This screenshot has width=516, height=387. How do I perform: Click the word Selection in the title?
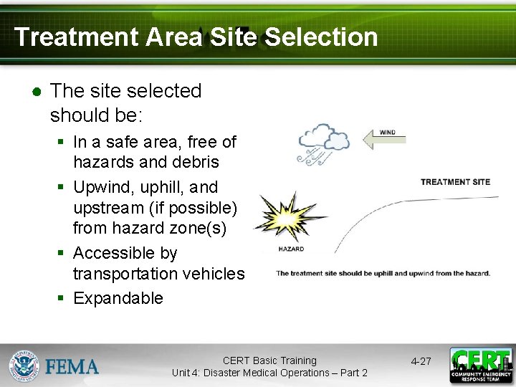pos(322,37)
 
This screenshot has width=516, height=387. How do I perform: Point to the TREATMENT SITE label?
pos(455,182)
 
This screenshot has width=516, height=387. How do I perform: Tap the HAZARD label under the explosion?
pos(291,249)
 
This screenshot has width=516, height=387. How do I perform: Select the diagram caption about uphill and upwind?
pos(383,273)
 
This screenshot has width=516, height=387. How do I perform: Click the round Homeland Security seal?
pos(24,365)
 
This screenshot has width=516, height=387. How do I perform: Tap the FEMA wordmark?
pos(72,366)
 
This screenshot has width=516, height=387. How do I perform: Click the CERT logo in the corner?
pos(481,365)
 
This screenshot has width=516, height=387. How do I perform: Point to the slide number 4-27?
pos(421,361)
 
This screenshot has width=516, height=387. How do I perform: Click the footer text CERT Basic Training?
pos(269,360)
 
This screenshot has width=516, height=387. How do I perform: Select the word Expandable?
pos(118,298)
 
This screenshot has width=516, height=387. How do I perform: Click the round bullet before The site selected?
pos(36,92)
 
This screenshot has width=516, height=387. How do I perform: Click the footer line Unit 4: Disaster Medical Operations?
pos(269,373)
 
